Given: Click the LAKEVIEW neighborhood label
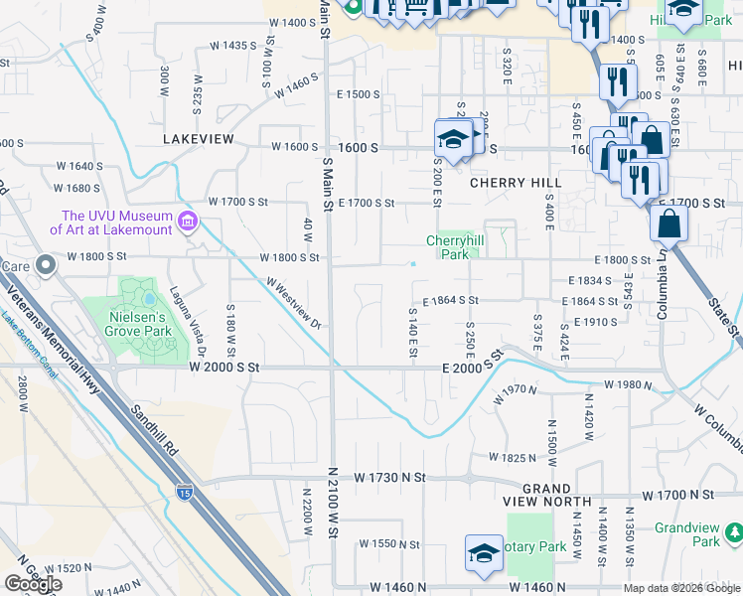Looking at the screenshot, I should pos(200,139).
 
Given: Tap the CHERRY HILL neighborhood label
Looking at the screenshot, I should pos(516,183).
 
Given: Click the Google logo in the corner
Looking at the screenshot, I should pos(33,584).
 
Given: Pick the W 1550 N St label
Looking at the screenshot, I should pos(391,543).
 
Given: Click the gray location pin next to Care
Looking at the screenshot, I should pos(46,266).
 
